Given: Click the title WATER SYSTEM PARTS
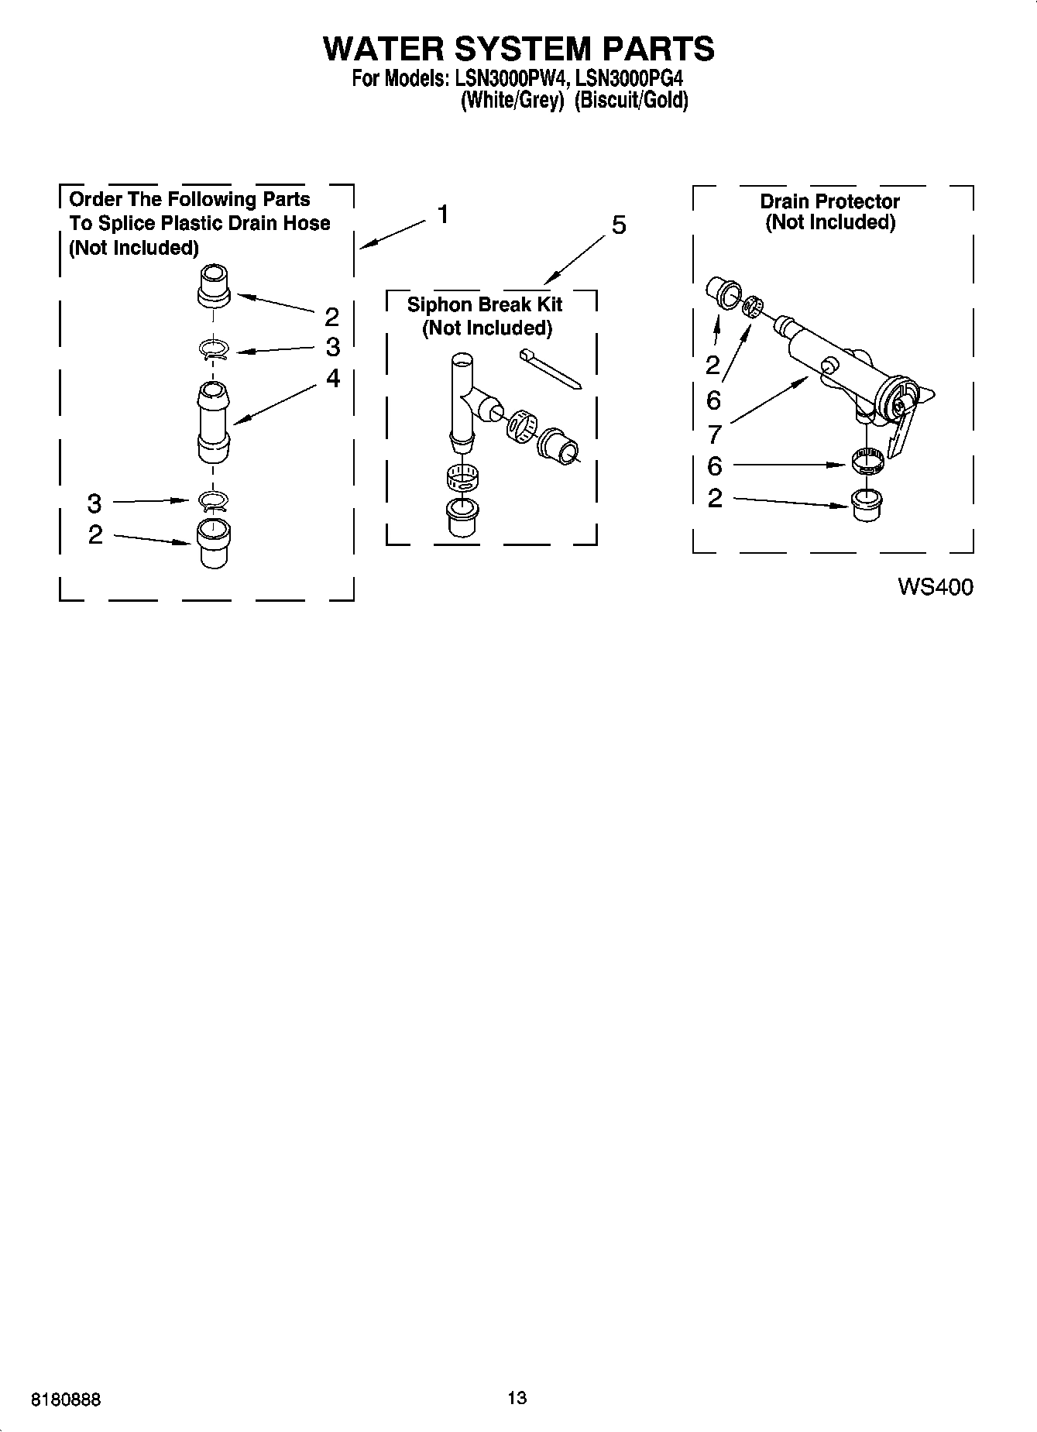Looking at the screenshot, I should click(518, 48).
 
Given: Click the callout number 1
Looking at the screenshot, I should click(443, 214).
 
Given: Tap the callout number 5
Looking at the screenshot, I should click(619, 225).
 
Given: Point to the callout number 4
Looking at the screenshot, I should click(332, 378).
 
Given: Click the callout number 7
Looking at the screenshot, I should click(714, 434).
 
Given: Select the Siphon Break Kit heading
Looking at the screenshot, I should click(485, 304).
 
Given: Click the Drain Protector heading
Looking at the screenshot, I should click(829, 201).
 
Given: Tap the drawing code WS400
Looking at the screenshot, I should click(935, 588).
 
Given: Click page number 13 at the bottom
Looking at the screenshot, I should click(517, 1397).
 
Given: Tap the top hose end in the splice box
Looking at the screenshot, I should click(215, 286).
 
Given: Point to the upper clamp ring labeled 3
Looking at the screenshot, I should click(215, 350).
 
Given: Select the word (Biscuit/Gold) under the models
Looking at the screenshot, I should click(631, 101).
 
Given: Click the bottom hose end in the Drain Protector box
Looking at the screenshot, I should click(865, 506).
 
